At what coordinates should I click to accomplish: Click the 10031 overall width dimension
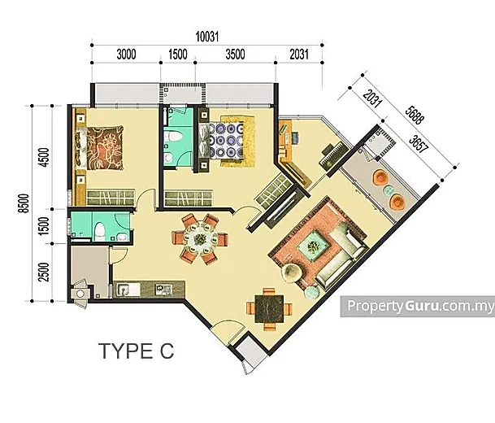tap(207, 37)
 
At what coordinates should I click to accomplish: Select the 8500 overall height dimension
tap(24, 203)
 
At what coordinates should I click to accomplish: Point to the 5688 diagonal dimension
tap(415, 116)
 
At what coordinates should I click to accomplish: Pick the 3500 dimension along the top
tap(235, 55)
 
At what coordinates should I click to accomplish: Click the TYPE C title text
tap(137, 351)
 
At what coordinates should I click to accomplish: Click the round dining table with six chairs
tap(200, 239)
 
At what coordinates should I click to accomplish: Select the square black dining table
tap(269, 308)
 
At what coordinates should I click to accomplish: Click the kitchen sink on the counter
tap(128, 290)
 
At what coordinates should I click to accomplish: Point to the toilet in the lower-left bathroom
tap(100, 231)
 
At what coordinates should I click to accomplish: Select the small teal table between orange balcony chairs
tap(388, 190)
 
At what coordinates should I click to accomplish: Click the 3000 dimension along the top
tap(126, 55)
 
